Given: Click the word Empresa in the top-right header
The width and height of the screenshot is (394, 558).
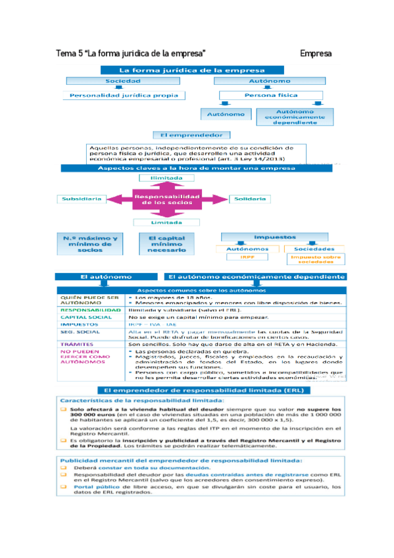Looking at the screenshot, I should click(x=315, y=53).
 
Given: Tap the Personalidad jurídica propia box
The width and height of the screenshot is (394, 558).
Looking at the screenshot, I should click(x=124, y=95).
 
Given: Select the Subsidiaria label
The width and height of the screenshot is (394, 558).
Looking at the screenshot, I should click(x=81, y=198).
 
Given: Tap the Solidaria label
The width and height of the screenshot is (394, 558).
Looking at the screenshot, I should click(x=249, y=198).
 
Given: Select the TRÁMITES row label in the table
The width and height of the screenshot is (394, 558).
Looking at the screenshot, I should click(x=74, y=343).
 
